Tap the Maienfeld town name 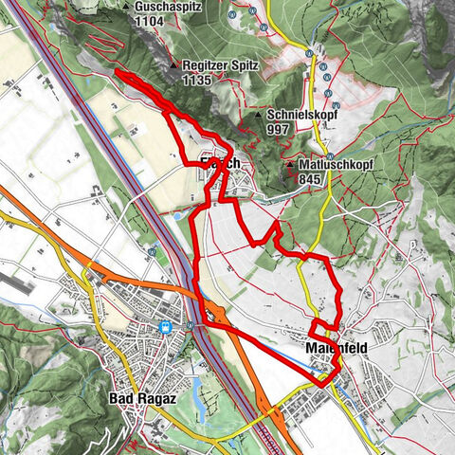click(338, 348)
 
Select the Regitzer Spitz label click(220, 64)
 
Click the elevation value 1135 click(196, 80)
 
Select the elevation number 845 click(312, 177)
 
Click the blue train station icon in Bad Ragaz click(166, 328)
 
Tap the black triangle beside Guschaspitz click(128, 6)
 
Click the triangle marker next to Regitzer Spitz click(175, 64)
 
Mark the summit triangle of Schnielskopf click(259, 114)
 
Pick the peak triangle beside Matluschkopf click(290, 163)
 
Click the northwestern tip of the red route click(117, 72)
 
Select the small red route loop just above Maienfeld click(323, 331)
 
